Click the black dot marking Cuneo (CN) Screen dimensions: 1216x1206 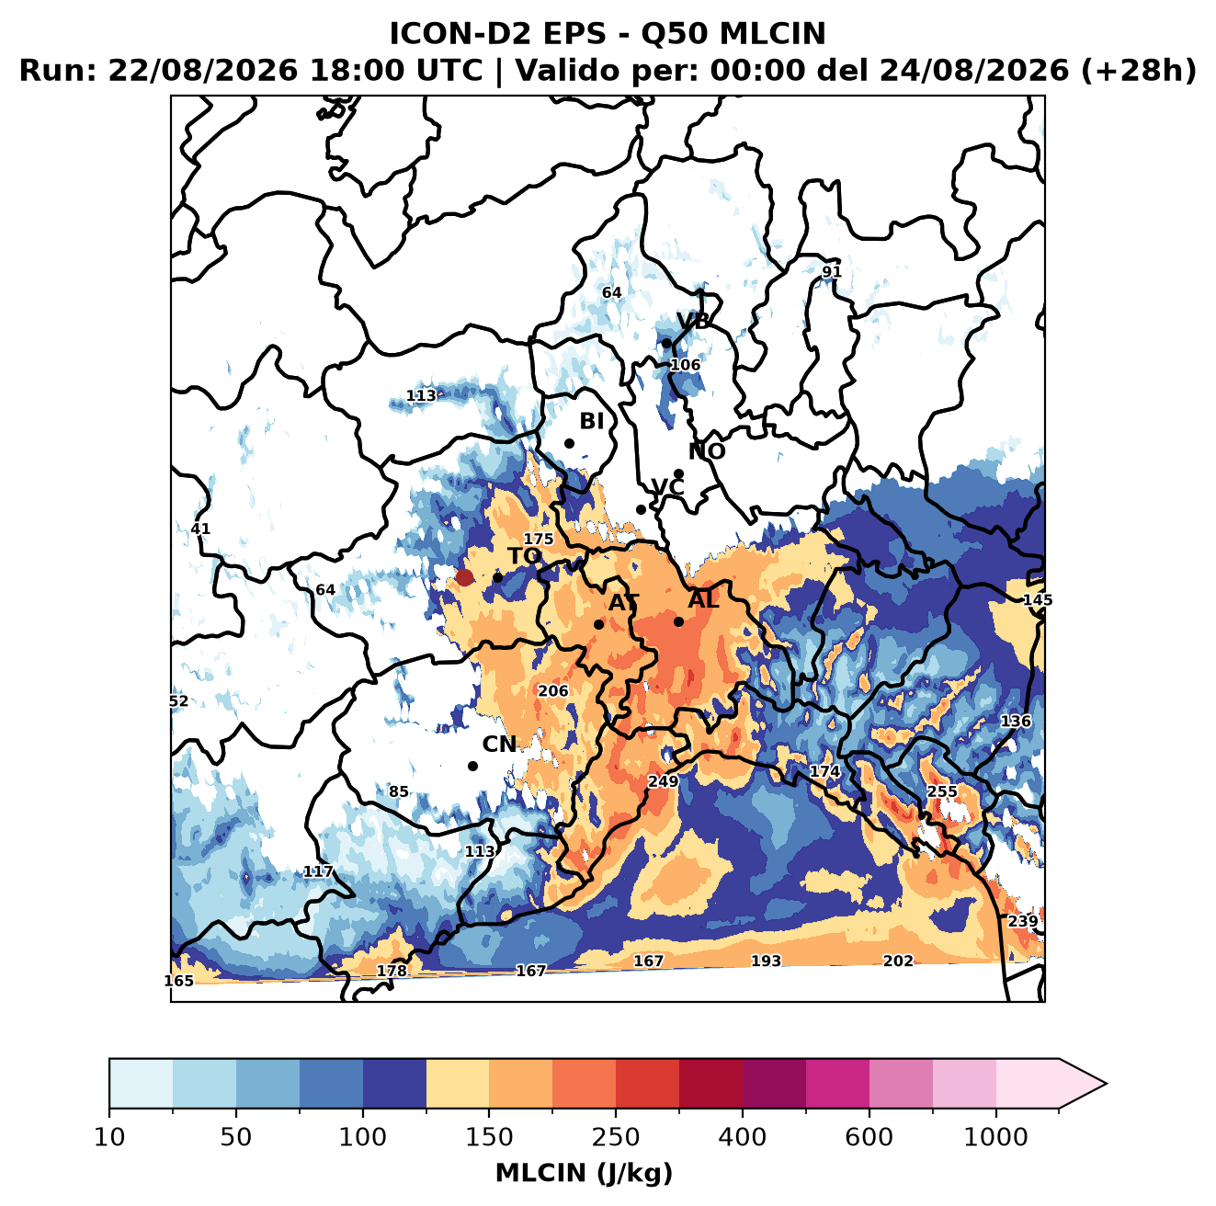point(472,766)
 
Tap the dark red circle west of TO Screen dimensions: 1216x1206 point(464,577)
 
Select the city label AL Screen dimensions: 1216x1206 point(703,599)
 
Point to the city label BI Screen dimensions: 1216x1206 point(591,421)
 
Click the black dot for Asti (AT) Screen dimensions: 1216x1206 point(599,624)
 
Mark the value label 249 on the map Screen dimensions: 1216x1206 point(664,781)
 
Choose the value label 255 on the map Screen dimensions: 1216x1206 point(942,791)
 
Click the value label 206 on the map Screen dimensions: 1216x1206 point(552,691)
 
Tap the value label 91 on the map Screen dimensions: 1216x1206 point(831,272)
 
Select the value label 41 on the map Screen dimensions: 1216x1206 point(200,529)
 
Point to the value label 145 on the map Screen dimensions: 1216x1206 point(1038,599)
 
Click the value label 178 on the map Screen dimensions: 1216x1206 point(392,971)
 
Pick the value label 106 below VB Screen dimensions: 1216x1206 point(685,365)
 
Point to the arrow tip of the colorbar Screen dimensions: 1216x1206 point(1107,1084)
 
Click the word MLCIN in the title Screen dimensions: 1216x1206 point(772,34)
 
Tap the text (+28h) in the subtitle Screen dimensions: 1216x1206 point(1139,71)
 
